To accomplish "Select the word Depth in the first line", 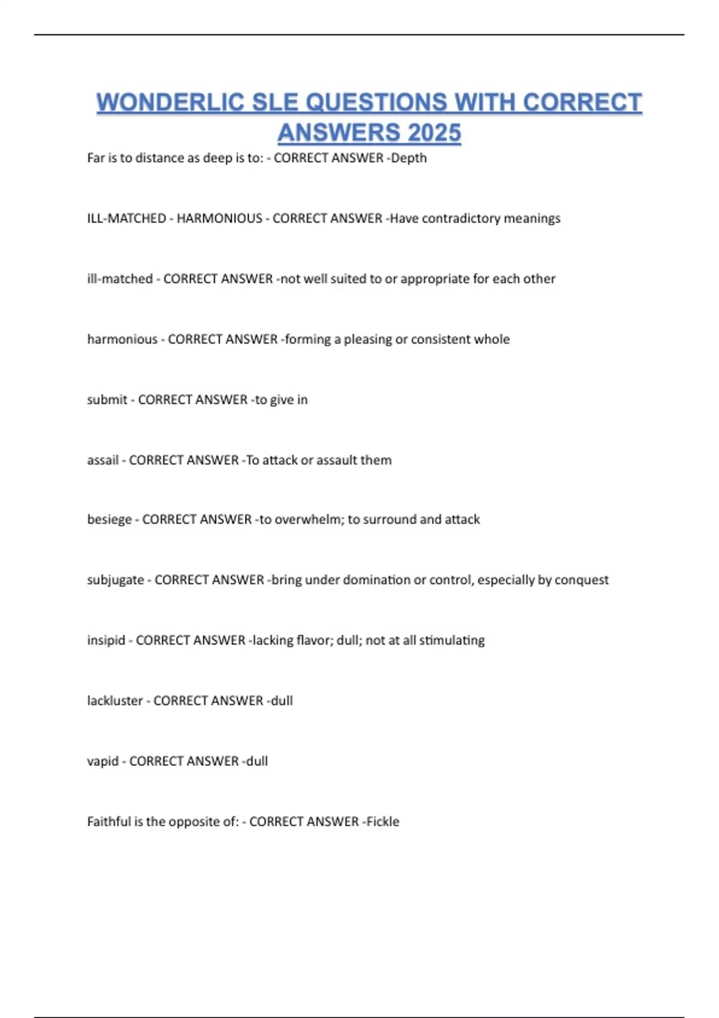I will [x=409, y=158].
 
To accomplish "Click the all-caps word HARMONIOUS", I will [x=219, y=219].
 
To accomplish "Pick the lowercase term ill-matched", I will [x=120, y=279].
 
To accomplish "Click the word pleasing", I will [x=367, y=340].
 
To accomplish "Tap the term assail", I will [x=102, y=460].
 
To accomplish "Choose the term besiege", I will [x=109, y=519].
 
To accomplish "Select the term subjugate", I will [x=116, y=580].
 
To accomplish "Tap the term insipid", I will [x=106, y=640].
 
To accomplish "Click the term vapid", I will [x=102, y=761].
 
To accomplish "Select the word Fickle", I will [x=383, y=822].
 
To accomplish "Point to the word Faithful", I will [x=108, y=822].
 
